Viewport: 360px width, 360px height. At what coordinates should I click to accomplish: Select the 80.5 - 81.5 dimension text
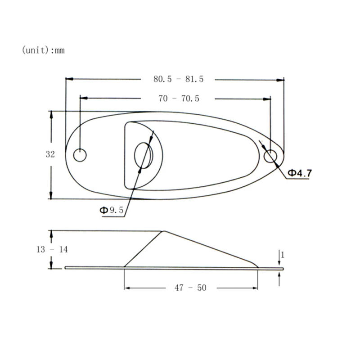point(178,79)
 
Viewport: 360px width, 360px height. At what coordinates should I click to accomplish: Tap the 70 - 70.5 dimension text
point(179,99)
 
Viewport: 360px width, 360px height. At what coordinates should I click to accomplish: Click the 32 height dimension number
point(50,154)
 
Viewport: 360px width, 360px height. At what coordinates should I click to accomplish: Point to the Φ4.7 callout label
point(300,173)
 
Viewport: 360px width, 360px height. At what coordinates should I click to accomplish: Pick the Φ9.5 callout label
point(111,210)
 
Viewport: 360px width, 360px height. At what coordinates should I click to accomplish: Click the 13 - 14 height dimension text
point(52,249)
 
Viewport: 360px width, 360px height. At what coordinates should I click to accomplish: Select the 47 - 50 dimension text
point(191,288)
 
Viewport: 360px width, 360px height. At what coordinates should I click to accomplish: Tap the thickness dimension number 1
point(282,255)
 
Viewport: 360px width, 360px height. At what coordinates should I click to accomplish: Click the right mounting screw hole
point(270,156)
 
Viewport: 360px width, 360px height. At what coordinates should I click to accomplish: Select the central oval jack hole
point(144,156)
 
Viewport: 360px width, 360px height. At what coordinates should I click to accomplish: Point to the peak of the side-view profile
point(163,231)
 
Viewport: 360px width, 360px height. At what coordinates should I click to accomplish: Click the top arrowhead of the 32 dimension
point(51,114)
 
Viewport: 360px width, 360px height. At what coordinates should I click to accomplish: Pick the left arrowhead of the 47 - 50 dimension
point(127,288)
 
